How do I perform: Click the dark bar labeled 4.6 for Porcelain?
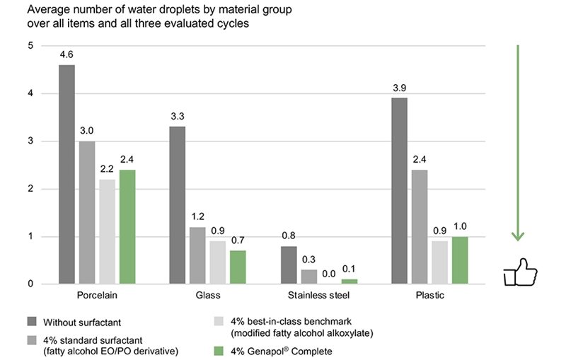pyautogui.click(x=67, y=175)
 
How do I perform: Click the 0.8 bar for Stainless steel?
pyautogui.click(x=289, y=265)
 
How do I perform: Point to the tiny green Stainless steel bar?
pyautogui.click(x=347, y=281)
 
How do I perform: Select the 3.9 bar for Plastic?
pyautogui.click(x=399, y=191)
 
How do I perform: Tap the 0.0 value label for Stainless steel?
pyautogui.click(x=328, y=272)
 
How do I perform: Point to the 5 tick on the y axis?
pyautogui.click(x=30, y=46)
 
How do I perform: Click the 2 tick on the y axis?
pyautogui.click(x=30, y=189)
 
